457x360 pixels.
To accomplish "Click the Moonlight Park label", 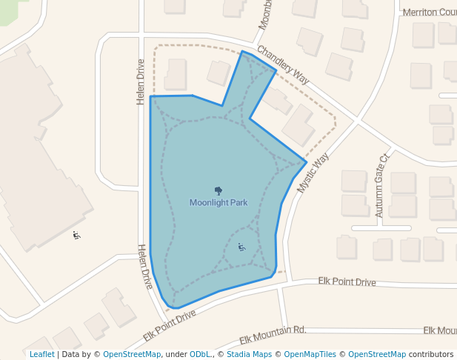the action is [x=218, y=202].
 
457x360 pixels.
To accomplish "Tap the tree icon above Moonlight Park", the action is [x=218, y=190].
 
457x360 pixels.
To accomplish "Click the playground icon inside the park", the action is [x=241, y=247].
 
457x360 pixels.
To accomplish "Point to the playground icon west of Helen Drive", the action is [x=77, y=236].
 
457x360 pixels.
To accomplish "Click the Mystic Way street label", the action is [x=312, y=174].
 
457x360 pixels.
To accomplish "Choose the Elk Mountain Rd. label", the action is [x=273, y=335].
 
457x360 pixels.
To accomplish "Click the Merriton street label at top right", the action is [x=429, y=12].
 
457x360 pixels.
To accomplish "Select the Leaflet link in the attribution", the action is [x=42, y=354].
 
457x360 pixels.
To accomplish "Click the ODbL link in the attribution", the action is [x=200, y=354].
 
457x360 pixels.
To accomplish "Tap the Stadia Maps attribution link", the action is [x=249, y=354].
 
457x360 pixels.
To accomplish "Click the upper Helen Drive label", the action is [x=140, y=82].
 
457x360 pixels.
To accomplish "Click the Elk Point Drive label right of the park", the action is [x=347, y=281].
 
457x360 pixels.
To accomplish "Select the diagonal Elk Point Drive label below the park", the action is [x=170, y=324].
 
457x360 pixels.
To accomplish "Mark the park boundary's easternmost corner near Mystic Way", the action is [x=307, y=161].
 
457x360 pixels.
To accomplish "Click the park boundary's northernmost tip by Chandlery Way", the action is [x=242, y=51].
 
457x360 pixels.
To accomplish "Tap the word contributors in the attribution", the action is [x=431, y=354].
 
